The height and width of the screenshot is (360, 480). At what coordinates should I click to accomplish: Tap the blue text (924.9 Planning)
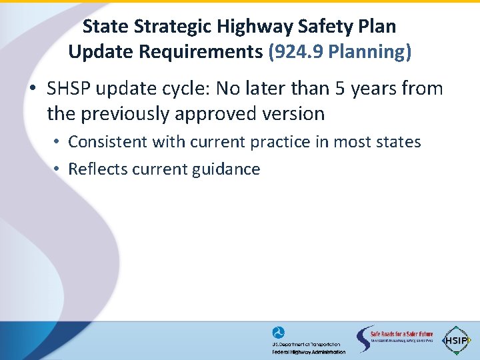[339, 52]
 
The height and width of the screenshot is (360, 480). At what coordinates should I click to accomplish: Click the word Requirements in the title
[199, 52]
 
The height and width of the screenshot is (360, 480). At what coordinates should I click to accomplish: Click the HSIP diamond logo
[456, 340]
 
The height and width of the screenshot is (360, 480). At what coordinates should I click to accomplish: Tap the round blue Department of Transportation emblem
[278, 333]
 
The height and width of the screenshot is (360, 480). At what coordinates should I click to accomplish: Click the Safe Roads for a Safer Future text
[402, 334]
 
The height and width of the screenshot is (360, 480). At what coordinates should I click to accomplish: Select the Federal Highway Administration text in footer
[309, 351]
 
